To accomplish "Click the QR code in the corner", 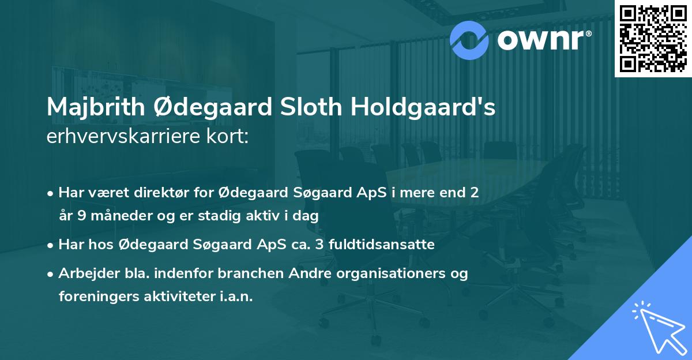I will [x=653, y=39].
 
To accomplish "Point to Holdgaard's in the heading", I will [x=423, y=108].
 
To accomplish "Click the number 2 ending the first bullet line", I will [x=475, y=192].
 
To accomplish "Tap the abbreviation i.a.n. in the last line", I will [x=235, y=297].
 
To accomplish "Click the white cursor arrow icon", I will [x=657, y=326].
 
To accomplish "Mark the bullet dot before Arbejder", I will [x=51, y=274].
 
